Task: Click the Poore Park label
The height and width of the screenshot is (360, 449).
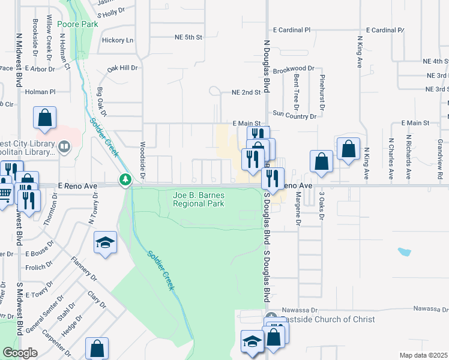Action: coord(77,25)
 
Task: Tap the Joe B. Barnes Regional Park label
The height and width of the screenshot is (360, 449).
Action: coord(198,199)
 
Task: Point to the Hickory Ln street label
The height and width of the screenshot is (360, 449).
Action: coord(118,40)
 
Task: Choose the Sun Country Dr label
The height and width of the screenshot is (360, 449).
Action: coord(294,114)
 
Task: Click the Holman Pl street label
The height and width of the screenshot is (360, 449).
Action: coord(40,92)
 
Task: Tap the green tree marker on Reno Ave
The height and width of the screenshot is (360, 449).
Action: coord(125,179)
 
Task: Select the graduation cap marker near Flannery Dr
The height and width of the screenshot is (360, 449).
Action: coord(105,242)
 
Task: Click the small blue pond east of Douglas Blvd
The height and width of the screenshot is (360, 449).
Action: coord(404,251)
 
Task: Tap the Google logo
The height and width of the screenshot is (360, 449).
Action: coord(20,353)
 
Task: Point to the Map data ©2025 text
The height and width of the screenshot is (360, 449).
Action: coord(423,355)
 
